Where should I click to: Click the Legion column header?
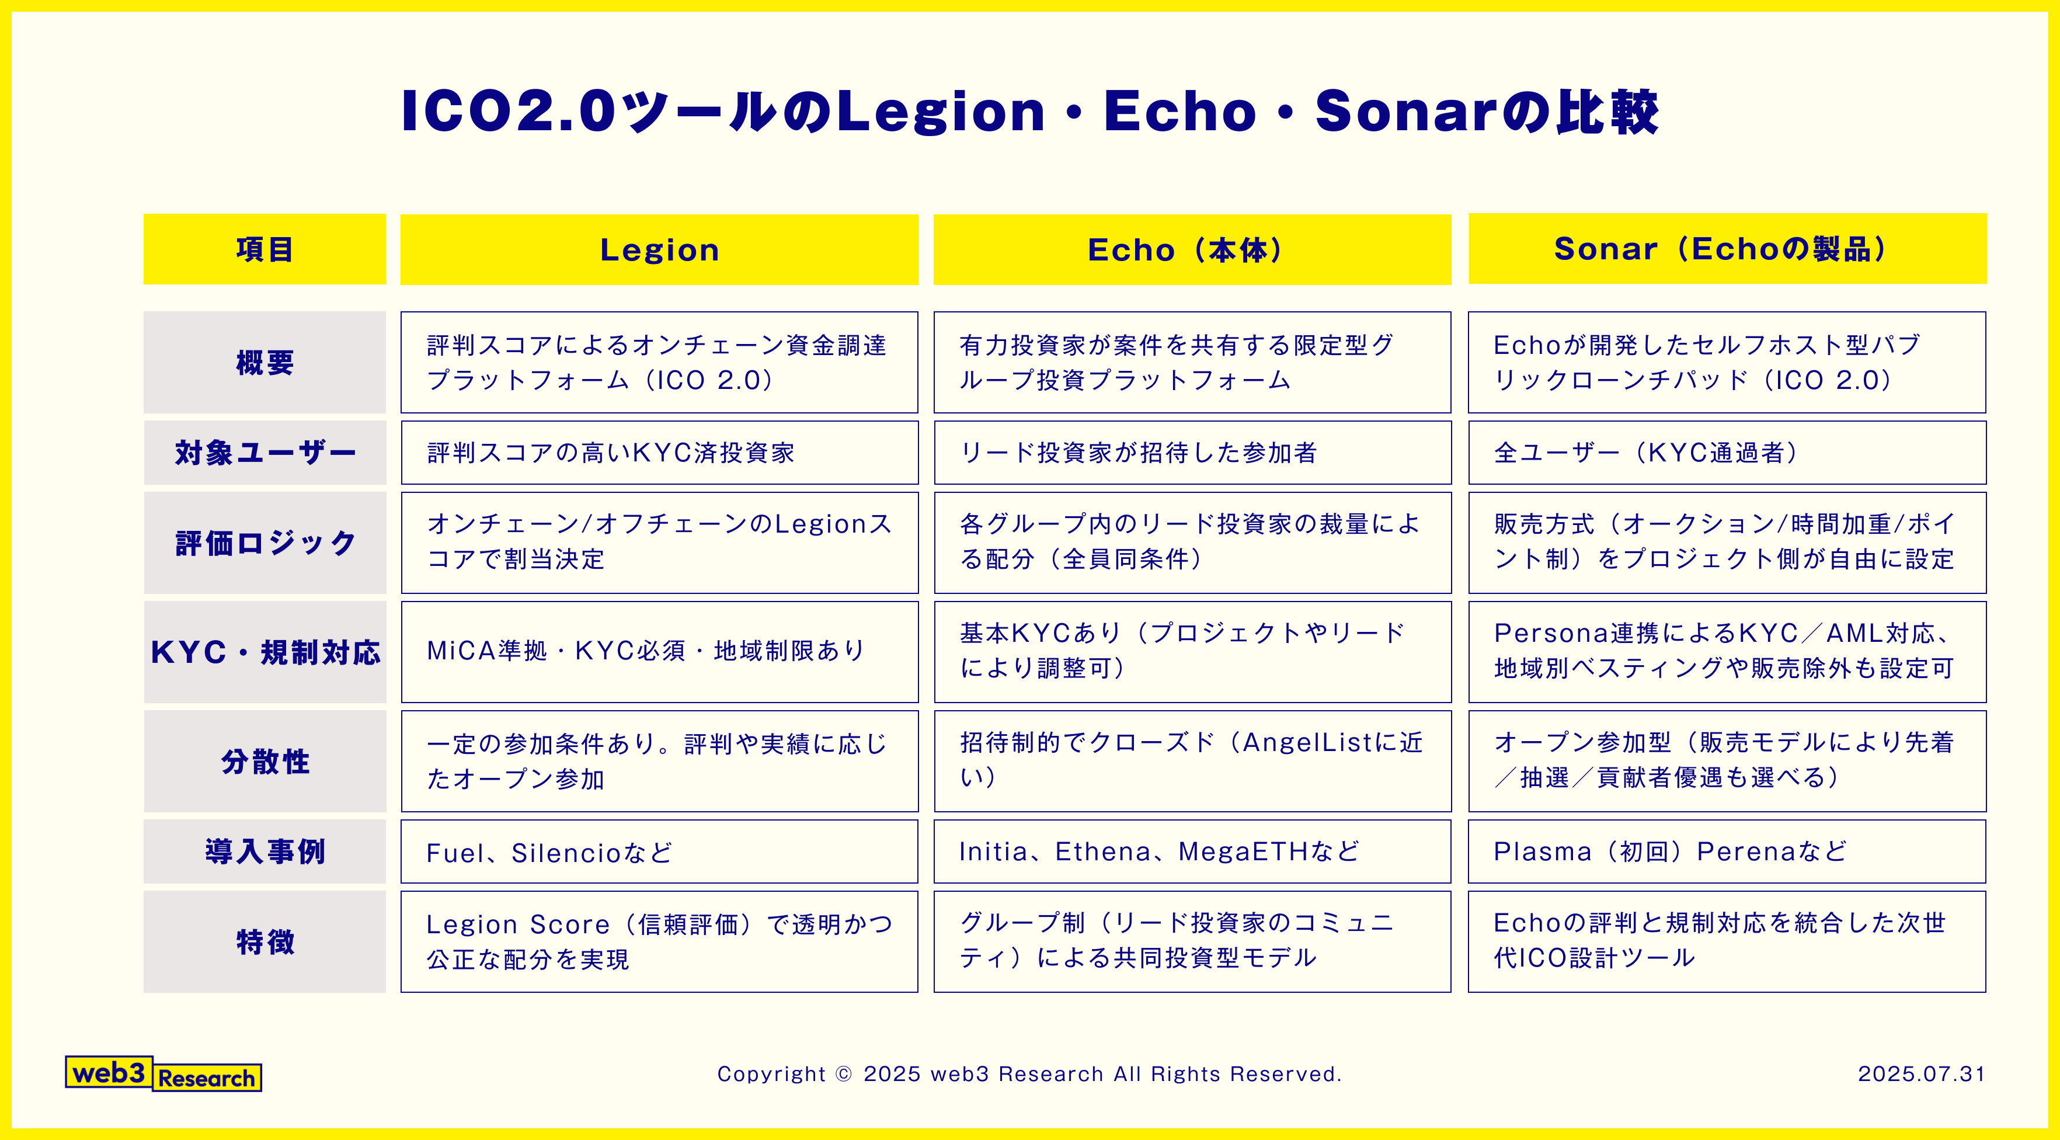659,249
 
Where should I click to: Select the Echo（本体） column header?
1192,249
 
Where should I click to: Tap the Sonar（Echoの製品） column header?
1727,249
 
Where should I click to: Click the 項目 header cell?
264,249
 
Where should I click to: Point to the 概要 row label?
264,363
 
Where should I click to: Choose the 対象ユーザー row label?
264,453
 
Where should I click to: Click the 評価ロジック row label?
264,543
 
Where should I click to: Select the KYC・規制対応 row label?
264,652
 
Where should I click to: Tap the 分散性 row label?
264,761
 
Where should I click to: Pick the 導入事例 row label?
264,851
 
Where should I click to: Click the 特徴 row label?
264,941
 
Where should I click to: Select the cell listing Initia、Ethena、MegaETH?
1192,851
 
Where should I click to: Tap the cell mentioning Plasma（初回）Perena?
1727,851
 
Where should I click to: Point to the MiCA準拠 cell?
659,651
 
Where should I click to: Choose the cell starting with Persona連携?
1727,651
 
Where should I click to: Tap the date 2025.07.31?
1921,1073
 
